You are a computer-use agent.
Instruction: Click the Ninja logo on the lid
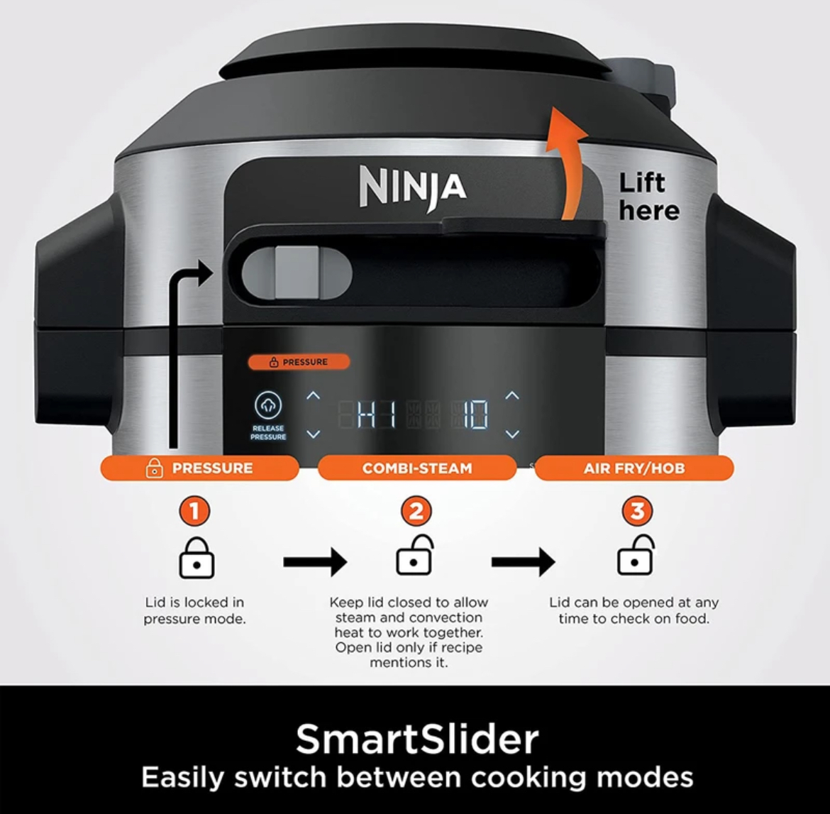click(x=413, y=187)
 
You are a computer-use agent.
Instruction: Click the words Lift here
click(x=648, y=197)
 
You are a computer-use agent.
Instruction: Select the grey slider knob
click(x=297, y=271)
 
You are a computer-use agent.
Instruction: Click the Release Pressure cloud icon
click(x=268, y=405)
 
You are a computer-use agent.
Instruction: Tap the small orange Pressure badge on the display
click(x=299, y=362)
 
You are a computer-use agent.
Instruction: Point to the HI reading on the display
click(x=377, y=414)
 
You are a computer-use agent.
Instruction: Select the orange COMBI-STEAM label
click(x=417, y=468)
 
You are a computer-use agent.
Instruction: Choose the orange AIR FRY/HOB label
click(x=634, y=468)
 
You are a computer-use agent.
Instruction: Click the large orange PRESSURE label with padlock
click(x=200, y=468)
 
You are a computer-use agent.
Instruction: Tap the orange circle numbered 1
click(x=195, y=511)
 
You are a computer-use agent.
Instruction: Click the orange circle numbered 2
click(x=416, y=511)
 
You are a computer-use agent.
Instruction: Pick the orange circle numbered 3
click(x=637, y=511)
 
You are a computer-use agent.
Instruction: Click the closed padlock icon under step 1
click(x=197, y=558)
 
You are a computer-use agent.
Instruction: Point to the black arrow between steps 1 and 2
click(x=315, y=561)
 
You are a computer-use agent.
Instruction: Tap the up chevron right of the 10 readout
click(x=512, y=395)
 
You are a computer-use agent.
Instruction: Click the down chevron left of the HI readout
click(x=314, y=434)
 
